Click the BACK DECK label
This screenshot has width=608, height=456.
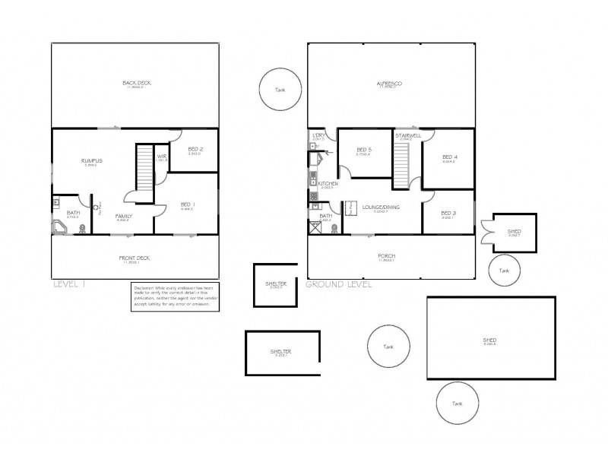tap(135, 83)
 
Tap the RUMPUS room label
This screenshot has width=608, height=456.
tap(92, 161)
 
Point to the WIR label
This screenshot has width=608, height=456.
tap(161, 157)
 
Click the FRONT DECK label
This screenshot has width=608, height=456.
tap(135, 258)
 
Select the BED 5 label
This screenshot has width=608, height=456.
tap(363, 150)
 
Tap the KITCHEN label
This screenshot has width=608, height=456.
tap(328, 184)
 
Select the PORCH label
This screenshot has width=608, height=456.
tap(387, 256)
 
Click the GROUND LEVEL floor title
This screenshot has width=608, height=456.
tap(338, 285)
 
